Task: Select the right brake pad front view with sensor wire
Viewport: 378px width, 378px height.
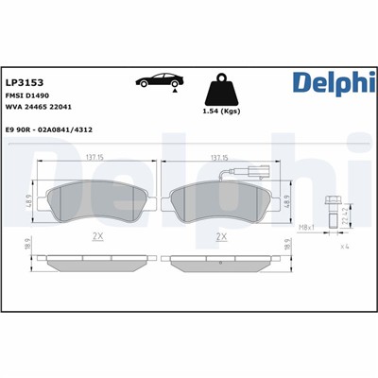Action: click(221, 200)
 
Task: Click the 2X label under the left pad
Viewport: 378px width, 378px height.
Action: click(94, 236)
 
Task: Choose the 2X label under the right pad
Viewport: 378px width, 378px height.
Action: click(223, 236)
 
